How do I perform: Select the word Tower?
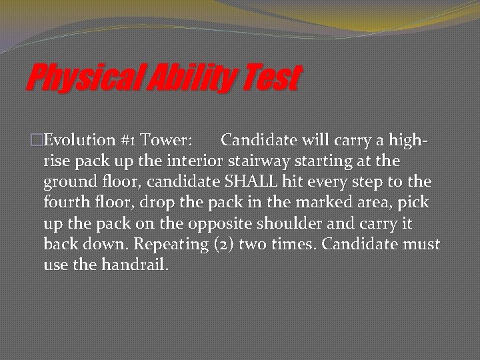(x=167, y=140)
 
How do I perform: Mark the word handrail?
(x=135, y=265)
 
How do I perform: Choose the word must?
(x=421, y=244)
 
